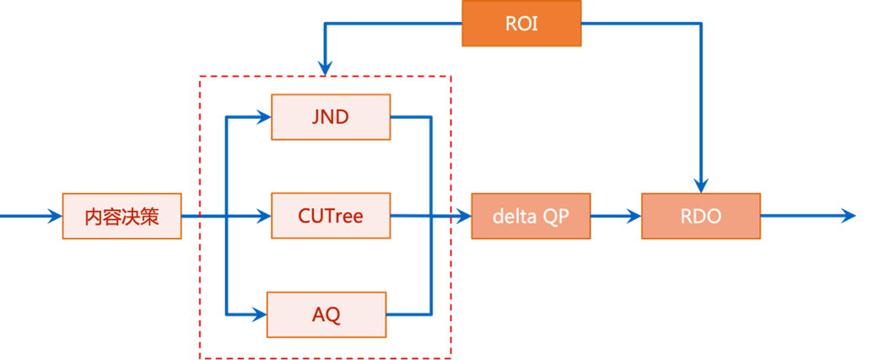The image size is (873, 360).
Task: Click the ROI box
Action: (521, 24)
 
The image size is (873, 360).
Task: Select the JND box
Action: (331, 116)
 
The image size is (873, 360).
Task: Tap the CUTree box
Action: (331, 216)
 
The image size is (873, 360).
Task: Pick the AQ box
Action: (326, 314)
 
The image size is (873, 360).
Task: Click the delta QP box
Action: (531, 216)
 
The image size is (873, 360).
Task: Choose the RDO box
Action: (701, 216)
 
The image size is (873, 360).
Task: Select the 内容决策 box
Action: (121, 217)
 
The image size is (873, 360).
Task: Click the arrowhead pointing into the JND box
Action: (262, 117)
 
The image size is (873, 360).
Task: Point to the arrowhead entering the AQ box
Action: (258, 314)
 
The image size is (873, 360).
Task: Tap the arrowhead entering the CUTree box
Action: (262, 217)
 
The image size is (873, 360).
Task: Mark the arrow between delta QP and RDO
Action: (616, 217)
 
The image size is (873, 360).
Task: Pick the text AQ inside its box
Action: (326, 314)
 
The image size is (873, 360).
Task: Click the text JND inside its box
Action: (331, 117)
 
